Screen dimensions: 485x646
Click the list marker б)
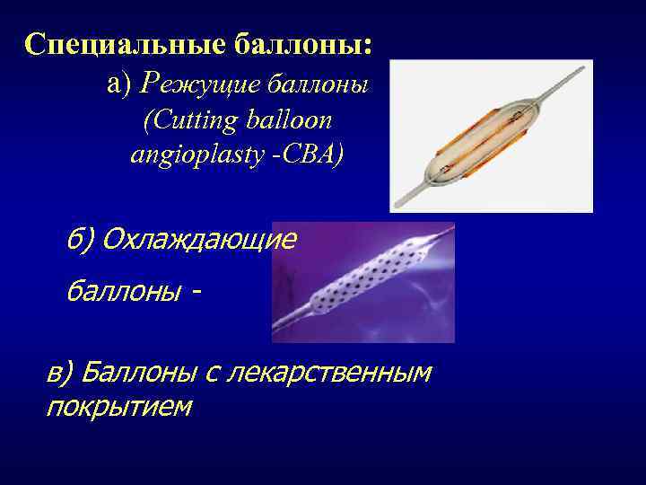click(x=81, y=239)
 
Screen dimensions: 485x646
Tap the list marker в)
click(x=63, y=371)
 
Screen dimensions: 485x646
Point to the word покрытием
click(x=118, y=406)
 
